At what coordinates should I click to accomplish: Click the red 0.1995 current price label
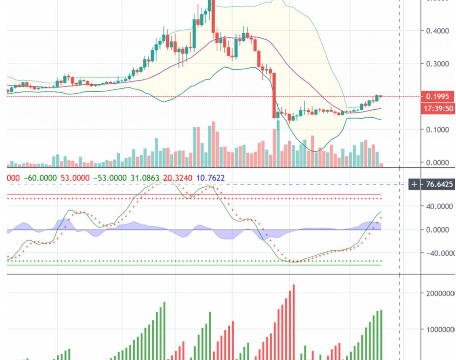tap(437, 96)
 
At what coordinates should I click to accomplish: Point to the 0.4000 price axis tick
tap(437, 31)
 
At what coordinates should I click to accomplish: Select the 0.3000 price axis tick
tap(437, 64)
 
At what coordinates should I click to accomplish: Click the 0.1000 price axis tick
tap(437, 130)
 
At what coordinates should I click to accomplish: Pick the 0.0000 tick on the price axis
tap(437, 163)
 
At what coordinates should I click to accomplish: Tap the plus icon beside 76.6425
tap(414, 184)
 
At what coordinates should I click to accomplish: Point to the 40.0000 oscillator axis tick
tap(439, 206)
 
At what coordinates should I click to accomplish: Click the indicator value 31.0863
tap(145, 178)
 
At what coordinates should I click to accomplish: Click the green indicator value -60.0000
tap(40, 178)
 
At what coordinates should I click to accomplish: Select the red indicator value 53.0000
tap(75, 178)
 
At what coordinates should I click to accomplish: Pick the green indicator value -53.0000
tap(110, 178)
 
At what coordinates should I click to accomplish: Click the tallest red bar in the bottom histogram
tap(294, 320)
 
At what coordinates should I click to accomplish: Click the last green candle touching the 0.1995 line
tap(377, 98)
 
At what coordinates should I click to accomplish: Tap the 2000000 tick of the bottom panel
tap(440, 293)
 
